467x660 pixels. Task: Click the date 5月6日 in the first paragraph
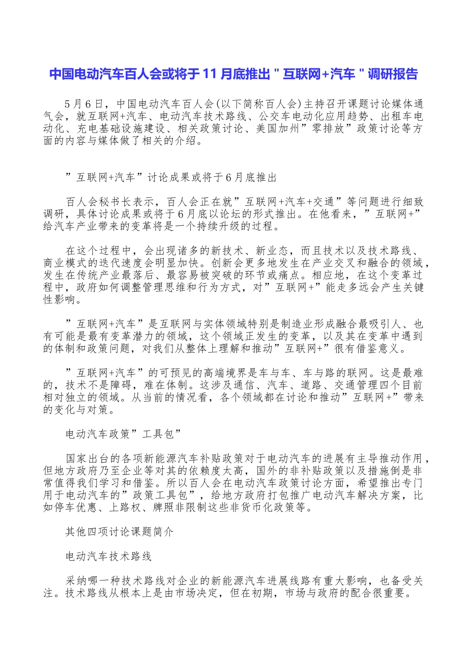(84, 104)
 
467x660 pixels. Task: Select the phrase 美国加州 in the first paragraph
(277, 129)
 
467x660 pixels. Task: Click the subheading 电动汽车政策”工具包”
(124, 434)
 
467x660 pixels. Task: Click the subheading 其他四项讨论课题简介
(119, 532)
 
